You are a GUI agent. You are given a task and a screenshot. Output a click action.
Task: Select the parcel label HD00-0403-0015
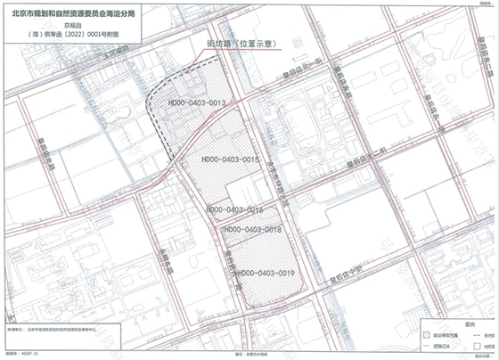(225, 160)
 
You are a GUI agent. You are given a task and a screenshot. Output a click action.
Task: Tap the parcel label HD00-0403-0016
(233, 210)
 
